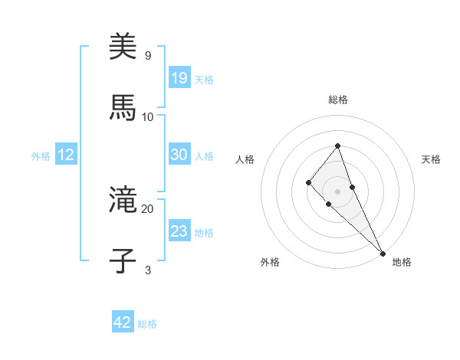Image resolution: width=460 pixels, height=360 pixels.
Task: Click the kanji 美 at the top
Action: (x=123, y=47)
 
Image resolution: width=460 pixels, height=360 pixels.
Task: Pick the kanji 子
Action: (x=123, y=260)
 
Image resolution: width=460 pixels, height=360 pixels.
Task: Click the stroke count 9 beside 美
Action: (x=147, y=55)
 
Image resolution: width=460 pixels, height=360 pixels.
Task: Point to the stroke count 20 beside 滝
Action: (x=147, y=208)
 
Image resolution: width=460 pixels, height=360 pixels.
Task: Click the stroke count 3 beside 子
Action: (x=147, y=270)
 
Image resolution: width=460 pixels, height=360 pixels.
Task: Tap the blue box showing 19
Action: (x=179, y=78)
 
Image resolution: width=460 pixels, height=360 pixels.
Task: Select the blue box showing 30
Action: (x=179, y=155)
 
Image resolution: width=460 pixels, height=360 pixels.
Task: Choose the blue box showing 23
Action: (x=179, y=231)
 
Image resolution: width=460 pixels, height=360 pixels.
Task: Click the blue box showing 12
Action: (x=65, y=155)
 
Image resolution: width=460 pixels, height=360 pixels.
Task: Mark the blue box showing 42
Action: (x=123, y=322)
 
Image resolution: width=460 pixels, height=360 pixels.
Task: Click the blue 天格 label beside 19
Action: (x=204, y=80)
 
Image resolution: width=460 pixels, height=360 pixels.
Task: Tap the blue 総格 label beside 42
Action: (x=147, y=324)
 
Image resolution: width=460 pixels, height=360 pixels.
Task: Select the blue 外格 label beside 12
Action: (x=41, y=156)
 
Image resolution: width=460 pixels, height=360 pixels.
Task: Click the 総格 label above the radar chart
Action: (x=337, y=100)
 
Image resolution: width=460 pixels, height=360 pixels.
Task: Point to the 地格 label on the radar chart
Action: (x=402, y=263)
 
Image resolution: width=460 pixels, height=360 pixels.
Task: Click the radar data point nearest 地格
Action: (x=383, y=253)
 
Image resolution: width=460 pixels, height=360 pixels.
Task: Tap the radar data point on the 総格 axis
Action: (x=337, y=146)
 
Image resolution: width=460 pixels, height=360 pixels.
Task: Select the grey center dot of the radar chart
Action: (x=337, y=191)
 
